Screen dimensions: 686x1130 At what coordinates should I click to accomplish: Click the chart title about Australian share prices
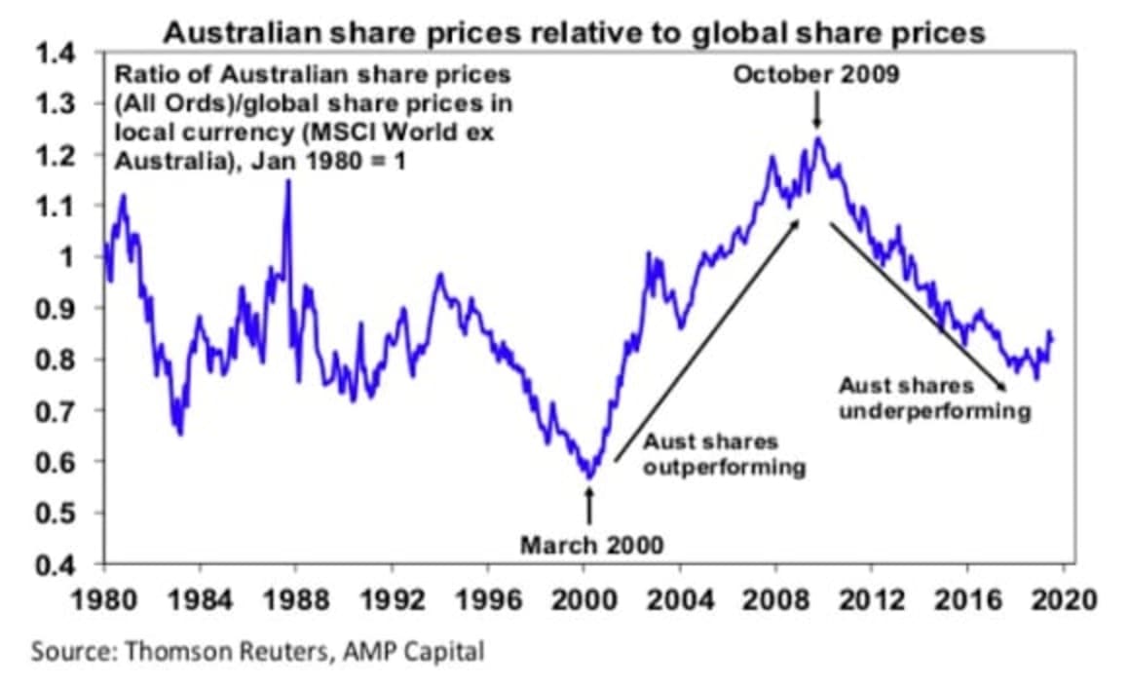[574, 32]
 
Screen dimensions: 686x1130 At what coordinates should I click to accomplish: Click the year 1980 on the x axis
[104, 598]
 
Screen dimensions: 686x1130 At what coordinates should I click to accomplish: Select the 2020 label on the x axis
[1065, 598]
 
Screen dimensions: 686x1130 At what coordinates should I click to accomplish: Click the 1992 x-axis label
[393, 598]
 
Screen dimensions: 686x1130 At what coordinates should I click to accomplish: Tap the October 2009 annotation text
[815, 75]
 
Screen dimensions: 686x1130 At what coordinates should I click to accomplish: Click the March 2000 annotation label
[591, 544]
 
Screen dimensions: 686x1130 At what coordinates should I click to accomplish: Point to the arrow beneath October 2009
[816, 111]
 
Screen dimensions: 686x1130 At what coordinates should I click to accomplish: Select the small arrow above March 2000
[588, 505]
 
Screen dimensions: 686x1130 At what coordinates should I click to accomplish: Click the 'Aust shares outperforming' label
[724, 455]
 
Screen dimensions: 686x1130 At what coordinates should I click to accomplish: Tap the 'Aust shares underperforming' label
[933, 399]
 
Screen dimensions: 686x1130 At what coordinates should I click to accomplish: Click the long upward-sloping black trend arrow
[705, 341]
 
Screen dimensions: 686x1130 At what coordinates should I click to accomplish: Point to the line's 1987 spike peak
[287, 182]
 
